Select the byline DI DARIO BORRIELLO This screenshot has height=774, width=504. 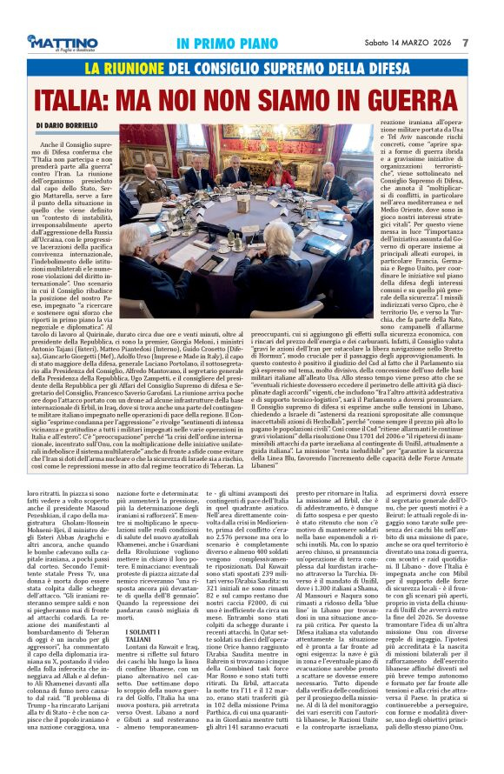coord(70,125)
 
